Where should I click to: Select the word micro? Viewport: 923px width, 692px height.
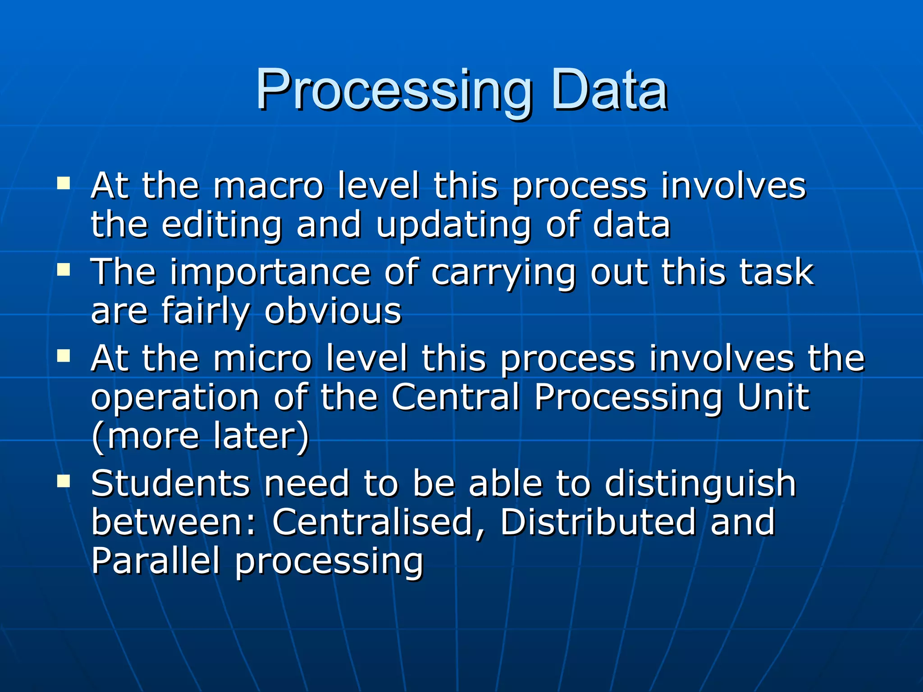coord(262,359)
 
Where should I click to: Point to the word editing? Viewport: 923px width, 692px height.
coord(222,225)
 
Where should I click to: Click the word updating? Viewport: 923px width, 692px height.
coord(453,225)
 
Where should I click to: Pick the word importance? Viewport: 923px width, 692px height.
coord(270,273)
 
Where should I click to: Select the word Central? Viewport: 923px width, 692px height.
coord(455,397)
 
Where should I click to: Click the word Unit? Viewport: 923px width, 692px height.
coord(773,397)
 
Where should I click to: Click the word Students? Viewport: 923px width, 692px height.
coord(170,483)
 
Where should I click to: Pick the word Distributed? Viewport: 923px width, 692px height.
coord(598,523)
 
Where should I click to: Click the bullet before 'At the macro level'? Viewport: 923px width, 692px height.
coord(64,184)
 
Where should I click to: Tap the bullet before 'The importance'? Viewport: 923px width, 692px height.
coord(64,270)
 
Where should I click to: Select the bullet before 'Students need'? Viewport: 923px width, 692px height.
coord(64,481)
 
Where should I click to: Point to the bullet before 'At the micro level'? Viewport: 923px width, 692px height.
coord(64,357)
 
